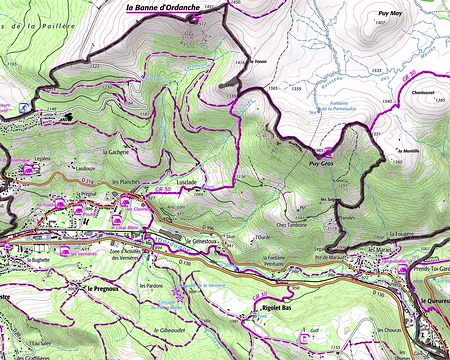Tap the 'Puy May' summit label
coord(388,14)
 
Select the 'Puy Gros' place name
coord(321,162)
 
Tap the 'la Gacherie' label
coord(116,151)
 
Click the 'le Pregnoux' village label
coord(103,288)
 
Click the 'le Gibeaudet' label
coord(146,327)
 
